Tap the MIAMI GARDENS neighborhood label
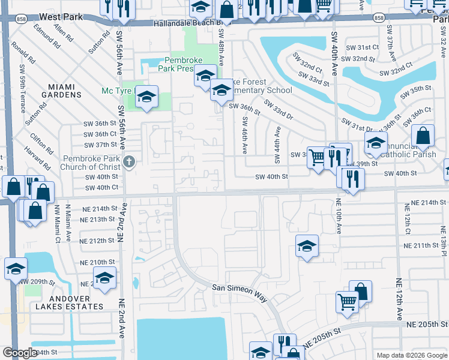pos(61,91)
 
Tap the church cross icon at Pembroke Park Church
pos(128,161)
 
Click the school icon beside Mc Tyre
pos(146,97)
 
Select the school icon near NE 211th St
pos(307,246)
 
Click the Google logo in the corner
pos(20,353)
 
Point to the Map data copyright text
pos(411,355)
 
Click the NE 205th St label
pos(424,323)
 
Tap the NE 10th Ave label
pos(338,215)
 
